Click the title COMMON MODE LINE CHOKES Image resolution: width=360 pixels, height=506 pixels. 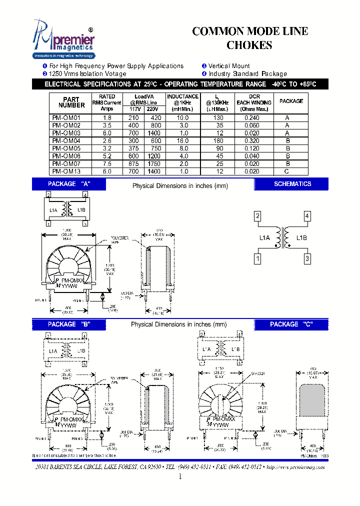pyautogui.click(x=250, y=38)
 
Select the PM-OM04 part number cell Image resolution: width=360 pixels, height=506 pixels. pyautogui.click(x=66, y=141)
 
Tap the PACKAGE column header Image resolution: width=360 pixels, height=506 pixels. pyautogui.click(x=291, y=101)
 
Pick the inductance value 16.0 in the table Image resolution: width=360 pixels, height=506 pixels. pyautogui.click(x=183, y=141)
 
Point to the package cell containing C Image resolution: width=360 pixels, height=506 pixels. pyautogui.click(x=288, y=171)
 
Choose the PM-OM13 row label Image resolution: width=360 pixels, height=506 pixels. pyautogui.click(x=66, y=171)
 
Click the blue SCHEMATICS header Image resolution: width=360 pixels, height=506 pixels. pyautogui.click(x=292, y=184)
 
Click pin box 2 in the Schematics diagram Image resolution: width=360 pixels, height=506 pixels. pyautogui.click(x=257, y=216)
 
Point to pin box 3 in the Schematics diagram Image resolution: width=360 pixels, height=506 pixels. pyautogui.click(x=307, y=259)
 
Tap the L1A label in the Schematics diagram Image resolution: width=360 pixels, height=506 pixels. pyautogui.click(x=264, y=238)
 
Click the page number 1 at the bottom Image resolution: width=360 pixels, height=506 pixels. pyautogui.click(x=180, y=476)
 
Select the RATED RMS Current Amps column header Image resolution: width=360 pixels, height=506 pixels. pyautogui.click(x=107, y=102)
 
